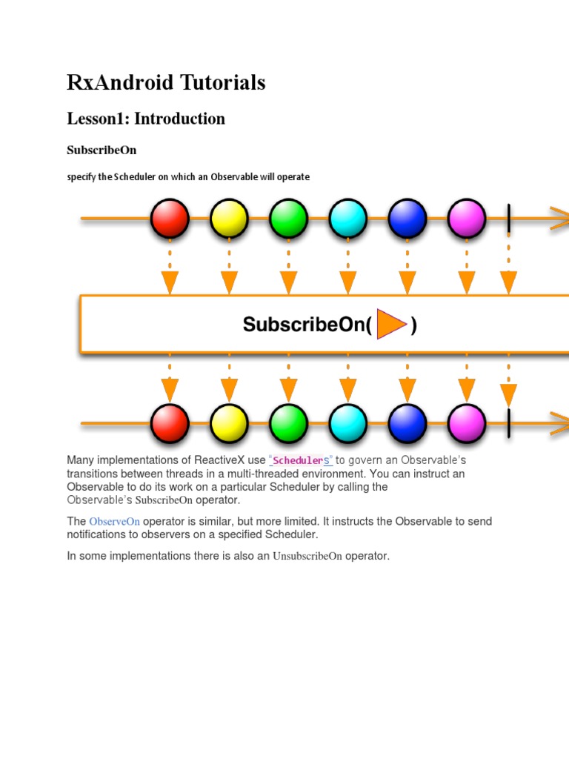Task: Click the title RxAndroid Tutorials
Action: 166,83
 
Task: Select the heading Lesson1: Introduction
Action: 146,119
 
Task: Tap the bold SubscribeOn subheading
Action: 102,150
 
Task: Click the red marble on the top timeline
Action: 170,219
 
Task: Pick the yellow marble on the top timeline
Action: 229,219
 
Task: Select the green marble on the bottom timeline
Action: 288,423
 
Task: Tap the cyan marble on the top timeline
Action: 347,219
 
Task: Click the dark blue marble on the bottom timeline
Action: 407,423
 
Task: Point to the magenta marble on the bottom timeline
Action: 467,423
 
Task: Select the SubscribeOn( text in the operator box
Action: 307,325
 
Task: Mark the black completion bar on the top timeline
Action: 509,219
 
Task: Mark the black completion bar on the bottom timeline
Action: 509,423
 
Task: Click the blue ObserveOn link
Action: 114,522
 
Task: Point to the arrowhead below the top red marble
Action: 170,282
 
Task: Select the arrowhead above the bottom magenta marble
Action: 467,390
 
